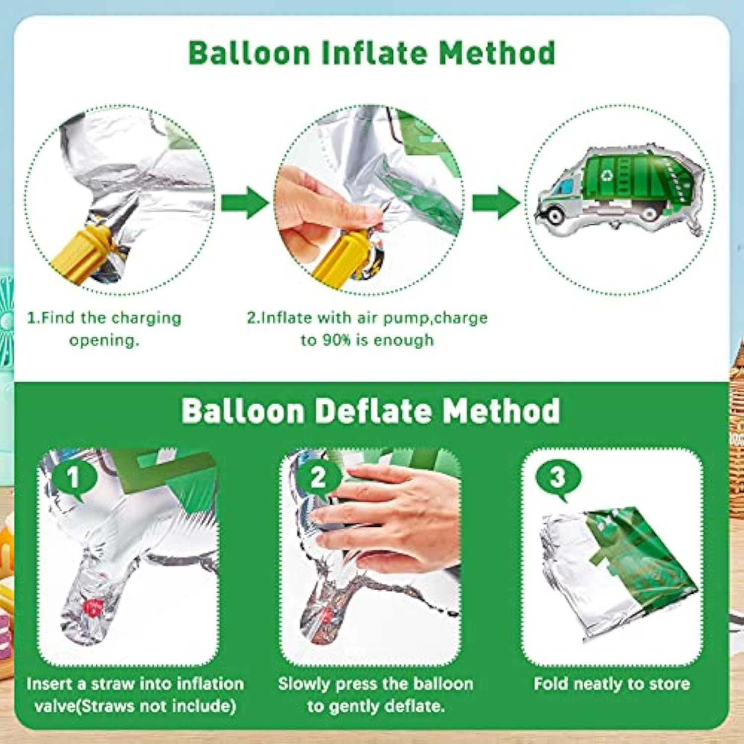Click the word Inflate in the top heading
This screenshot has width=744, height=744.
(374, 53)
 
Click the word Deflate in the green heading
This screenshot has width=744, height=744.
(372, 411)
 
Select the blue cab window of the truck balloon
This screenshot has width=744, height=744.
(564, 187)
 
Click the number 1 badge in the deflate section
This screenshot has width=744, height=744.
(73, 478)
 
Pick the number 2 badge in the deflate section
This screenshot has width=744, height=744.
(318, 478)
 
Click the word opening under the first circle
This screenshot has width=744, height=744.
(104, 340)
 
